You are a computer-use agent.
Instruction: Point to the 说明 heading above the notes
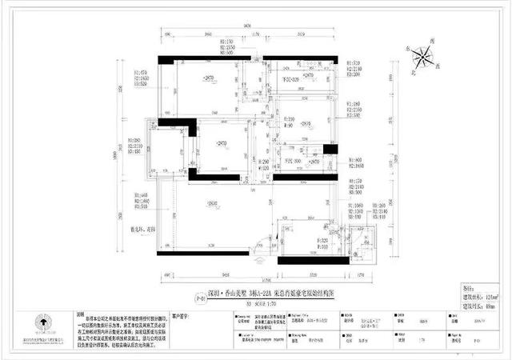[79, 314]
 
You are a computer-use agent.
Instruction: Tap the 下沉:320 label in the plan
[289, 79]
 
